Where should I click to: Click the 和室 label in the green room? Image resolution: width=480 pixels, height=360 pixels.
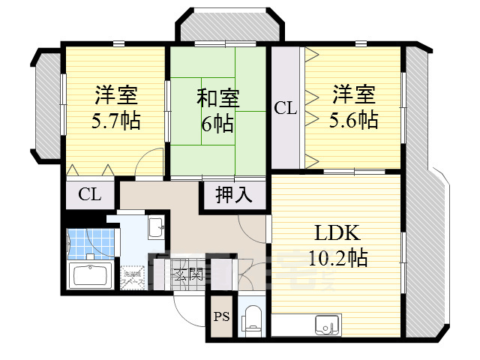point(217,98)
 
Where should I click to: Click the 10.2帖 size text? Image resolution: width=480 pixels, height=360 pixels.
point(337,259)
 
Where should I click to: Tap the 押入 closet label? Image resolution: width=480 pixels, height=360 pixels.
point(233,195)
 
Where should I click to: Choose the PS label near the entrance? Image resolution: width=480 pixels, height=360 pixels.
point(222,316)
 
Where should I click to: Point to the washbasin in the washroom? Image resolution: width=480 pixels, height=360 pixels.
point(156,228)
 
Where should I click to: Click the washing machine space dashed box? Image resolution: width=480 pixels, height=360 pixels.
point(132,277)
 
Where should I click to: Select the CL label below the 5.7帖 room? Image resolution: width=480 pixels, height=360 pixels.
point(90,195)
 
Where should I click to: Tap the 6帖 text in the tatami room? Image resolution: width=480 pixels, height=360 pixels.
point(217,121)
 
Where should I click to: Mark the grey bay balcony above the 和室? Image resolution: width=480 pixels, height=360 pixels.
point(229,27)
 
